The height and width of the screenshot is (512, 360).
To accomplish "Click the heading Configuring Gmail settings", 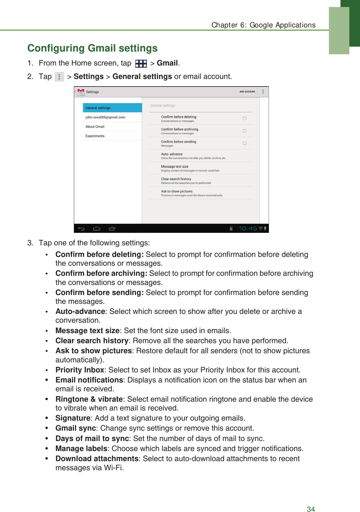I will (x=92, y=48).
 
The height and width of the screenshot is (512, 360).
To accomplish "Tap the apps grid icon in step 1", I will (x=141, y=63).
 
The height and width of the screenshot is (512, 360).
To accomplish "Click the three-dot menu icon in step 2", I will (x=59, y=77).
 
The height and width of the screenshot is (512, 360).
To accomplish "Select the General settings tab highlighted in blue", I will (x=112, y=108).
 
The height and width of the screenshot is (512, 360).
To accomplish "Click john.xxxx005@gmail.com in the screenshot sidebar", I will (x=105, y=117).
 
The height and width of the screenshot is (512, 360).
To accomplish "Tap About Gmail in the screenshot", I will (x=95, y=127).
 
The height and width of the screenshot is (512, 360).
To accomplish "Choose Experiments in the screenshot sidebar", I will (x=95, y=136).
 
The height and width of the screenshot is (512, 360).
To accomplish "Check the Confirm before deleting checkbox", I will (x=244, y=119).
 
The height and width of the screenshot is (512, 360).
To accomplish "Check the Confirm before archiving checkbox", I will (x=244, y=131).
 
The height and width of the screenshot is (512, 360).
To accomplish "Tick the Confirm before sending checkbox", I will (x=244, y=143).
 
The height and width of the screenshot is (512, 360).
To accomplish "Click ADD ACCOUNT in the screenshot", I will (x=247, y=92).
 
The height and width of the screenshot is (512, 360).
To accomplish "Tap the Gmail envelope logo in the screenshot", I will (x=81, y=91).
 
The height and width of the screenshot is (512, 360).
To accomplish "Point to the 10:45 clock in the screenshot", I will (x=248, y=228).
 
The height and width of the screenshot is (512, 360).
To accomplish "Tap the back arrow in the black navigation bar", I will (x=81, y=228).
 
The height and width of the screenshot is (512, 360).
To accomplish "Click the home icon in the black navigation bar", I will (x=97, y=228).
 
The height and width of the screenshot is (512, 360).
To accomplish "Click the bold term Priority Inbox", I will (x=80, y=370).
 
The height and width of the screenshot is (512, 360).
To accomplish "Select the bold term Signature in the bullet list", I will (x=73, y=418).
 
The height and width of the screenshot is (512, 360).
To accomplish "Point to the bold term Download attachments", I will (x=97, y=459).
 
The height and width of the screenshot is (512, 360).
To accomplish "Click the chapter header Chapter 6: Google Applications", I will (x=263, y=25).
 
